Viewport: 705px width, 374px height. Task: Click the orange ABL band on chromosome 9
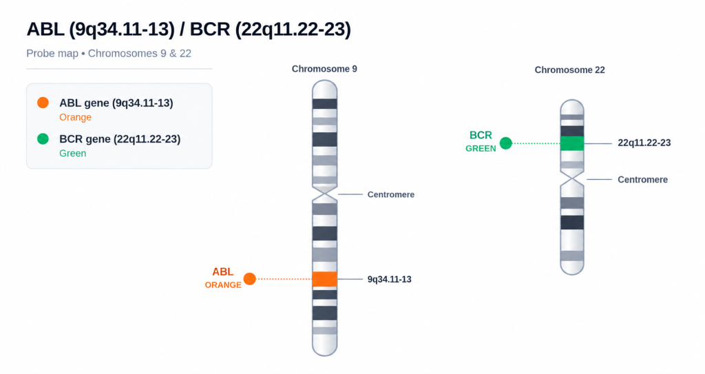325,279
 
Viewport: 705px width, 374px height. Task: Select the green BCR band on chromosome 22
572,143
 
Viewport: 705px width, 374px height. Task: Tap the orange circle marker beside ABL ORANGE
249,279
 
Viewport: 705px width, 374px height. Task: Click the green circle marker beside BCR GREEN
506,143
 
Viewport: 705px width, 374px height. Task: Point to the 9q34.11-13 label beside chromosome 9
390,280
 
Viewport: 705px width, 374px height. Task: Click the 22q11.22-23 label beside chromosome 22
644,143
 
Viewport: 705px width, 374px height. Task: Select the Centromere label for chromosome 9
391,194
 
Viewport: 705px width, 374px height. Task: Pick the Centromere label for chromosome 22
642,180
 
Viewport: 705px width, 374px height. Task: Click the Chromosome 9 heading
324,69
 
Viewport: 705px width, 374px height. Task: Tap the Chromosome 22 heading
569,70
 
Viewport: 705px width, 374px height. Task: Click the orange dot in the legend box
43,103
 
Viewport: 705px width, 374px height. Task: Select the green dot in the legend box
43,138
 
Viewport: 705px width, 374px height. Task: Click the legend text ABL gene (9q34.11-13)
116,103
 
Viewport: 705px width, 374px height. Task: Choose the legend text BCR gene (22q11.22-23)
120,139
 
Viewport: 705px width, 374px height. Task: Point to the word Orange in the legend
76,117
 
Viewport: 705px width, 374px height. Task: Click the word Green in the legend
73,153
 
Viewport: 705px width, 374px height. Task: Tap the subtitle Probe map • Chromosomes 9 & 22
109,54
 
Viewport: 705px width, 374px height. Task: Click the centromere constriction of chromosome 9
325,194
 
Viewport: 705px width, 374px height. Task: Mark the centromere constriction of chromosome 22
572,179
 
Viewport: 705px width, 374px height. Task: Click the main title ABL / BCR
189,29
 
